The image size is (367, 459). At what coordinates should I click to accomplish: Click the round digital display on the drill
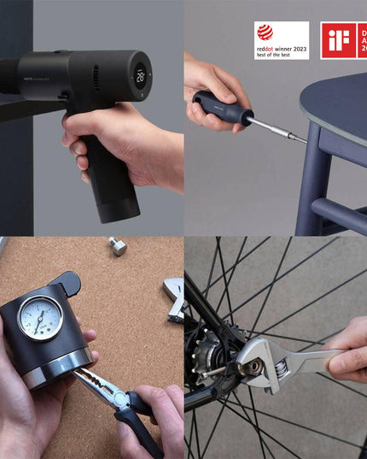click(x=139, y=75)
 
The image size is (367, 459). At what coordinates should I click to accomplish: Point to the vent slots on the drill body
click(x=96, y=78)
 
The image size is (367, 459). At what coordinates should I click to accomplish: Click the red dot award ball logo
click(x=265, y=32)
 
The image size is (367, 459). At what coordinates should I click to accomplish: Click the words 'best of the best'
click(x=274, y=54)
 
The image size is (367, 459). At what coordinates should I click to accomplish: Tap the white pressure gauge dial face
click(x=40, y=318)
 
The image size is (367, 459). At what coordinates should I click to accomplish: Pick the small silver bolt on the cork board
click(x=118, y=247)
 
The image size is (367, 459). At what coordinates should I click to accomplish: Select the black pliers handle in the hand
click(x=141, y=432)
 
